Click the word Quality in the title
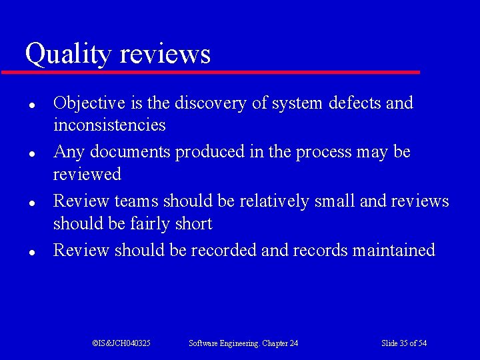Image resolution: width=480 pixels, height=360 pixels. pyautogui.click(x=67, y=54)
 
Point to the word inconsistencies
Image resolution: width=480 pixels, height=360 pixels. pyautogui.click(x=109, y=125)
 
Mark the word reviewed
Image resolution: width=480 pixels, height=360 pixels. pyautogui.click(x=87, y=175)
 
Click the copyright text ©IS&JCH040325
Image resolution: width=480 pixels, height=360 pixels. pyautogui.click(x=121, y=343)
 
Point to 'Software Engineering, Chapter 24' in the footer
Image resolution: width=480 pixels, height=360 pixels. pyautogui.click(x=243, y=343)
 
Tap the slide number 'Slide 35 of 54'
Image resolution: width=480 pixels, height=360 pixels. pyautogui.click(x=404, y=343)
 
